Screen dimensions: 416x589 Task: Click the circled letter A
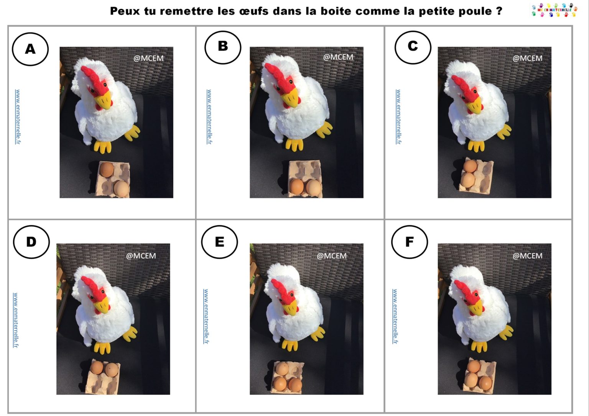(x=30, y=49)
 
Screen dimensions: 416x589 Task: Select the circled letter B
(x=223, y=46)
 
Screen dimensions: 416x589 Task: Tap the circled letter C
(x=413, y=46)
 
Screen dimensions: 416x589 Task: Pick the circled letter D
(x=31, y=242)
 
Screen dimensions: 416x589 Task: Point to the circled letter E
(x=219, y=242)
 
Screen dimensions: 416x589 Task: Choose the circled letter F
(x=410, y=242)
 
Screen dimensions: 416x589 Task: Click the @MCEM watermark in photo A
(x=148, y=58)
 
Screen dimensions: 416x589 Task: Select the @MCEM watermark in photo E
(x=331, y=256)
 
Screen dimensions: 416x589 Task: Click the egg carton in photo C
(x=476, y=174)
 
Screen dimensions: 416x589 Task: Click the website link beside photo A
(x=18, y=117)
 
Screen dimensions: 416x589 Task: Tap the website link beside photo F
(x=395, y=316)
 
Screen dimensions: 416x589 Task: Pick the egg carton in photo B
(x=305, y=179)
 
